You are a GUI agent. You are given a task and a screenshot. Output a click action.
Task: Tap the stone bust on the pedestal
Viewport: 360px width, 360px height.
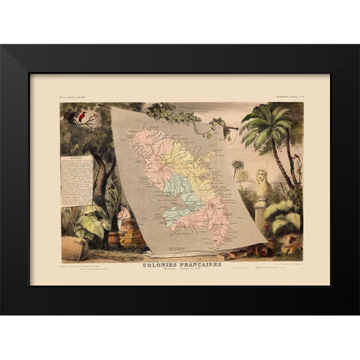pyautogui.click(x=262, y=184)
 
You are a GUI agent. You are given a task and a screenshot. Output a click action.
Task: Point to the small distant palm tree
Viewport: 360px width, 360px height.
pyautogui.click(x=238, y=166)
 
